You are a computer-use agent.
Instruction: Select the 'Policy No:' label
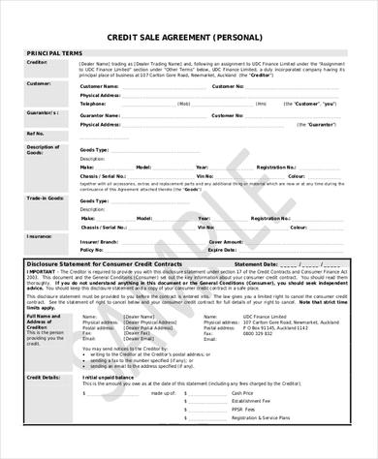[x=94, y=249]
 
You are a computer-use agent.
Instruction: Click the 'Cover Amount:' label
[x=229, y=240]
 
